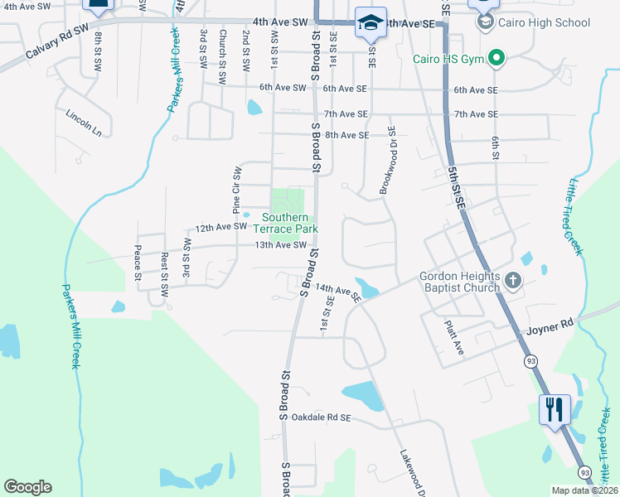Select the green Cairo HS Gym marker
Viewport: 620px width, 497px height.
pyautogui.click(x=496, y=58)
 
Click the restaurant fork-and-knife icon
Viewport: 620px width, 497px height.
pyautogui.click(x=555, y=408)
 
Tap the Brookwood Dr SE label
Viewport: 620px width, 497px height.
pyautogui.click(x=387, y=160)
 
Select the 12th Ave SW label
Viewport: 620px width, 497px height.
pyautogui.click(x=220, y=226)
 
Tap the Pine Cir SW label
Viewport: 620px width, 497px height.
pyautogui.click(x=237, y=186)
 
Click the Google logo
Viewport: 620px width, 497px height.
pyautogui.click(x=28, y=487)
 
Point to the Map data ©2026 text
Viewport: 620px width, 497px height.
pyautogui.click(x=583, y=490)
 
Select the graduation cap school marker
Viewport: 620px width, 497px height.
pyautogui.click(x=370, y=23)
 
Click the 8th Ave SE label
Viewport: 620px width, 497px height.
pyautogui.click(x=346, y=135)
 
